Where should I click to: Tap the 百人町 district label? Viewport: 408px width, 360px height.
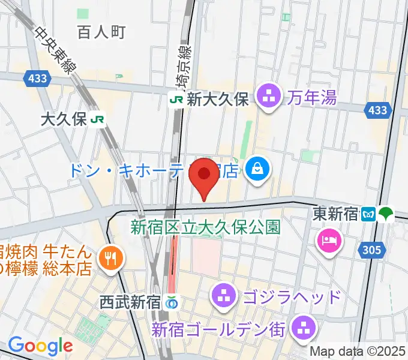101,32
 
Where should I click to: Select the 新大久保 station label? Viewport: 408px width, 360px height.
217,100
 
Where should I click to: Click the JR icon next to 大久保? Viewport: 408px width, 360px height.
98,119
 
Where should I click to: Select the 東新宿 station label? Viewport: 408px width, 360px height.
337,214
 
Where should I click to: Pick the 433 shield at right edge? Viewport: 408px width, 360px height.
378,110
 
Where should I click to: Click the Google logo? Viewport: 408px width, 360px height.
40,346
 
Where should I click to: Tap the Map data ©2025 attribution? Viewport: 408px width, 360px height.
358,352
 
